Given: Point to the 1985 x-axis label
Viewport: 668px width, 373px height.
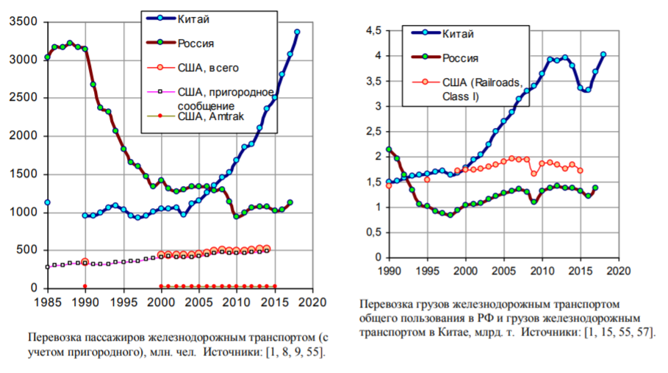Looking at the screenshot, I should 47,302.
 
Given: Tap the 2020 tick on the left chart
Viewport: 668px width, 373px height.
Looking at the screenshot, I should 313,302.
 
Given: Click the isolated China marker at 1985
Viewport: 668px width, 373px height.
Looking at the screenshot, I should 47,202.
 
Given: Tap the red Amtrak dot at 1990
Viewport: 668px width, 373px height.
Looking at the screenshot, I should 85,286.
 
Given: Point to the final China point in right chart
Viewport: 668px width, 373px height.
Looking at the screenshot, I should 603,54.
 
